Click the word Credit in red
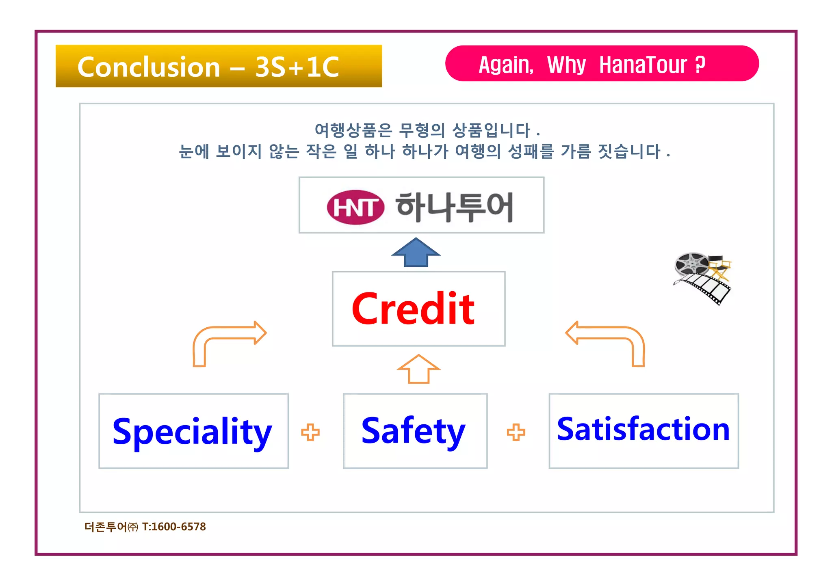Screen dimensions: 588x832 click(x=413, y=309)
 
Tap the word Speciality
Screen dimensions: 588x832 click(x=192, y=431)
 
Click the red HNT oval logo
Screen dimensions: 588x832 click(x=355, y=207)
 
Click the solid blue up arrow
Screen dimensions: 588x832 click(x=416, y=253)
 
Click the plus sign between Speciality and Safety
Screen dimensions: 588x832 click(x=310, y=432)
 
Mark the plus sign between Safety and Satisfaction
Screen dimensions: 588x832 click(x=516, y=432)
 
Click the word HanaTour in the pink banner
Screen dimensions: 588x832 click(x=643, y=65)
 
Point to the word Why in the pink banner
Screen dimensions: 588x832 click(x=566, y=65)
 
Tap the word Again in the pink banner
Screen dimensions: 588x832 click(x=506, y=65)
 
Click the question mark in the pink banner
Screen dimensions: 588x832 click(x=700, y=65)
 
